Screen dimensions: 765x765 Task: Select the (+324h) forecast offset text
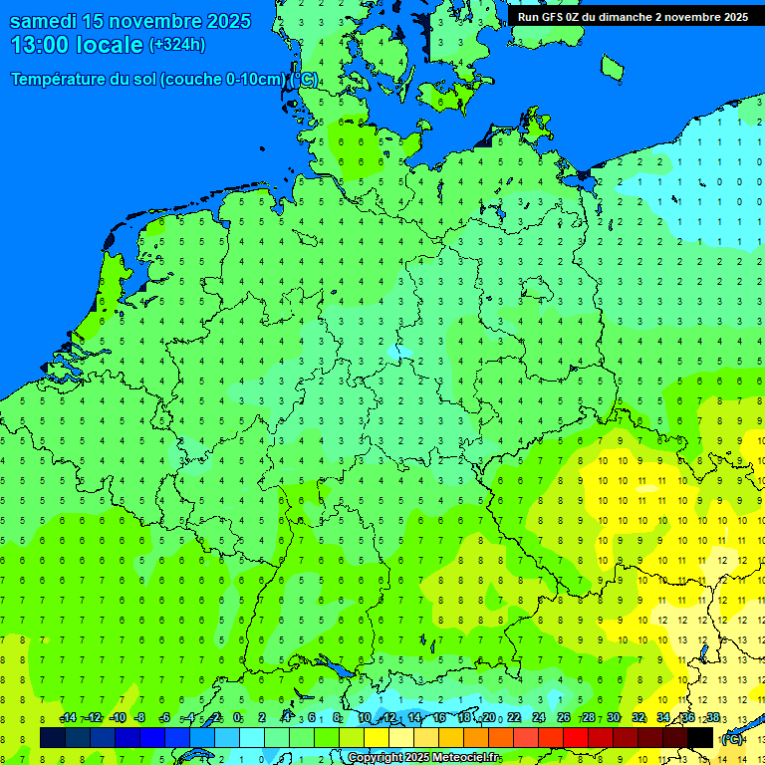coord(177,45)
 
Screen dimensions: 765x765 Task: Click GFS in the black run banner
coord(553,17)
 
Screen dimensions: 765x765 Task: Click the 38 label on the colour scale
coord(712,718)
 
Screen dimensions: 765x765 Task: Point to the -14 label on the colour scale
coord(69,718)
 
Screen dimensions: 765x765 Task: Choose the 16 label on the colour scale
coord(439,718)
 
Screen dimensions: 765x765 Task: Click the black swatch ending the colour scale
coord(700,737)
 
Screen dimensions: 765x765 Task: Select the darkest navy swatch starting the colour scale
coord(53,737)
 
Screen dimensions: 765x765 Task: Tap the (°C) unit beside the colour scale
coord(731,738)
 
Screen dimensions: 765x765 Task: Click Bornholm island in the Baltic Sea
coord(612,67)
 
